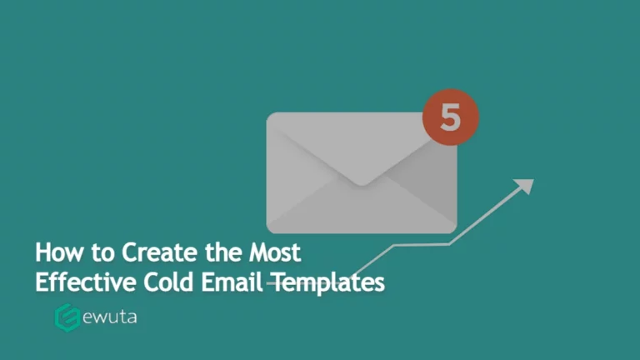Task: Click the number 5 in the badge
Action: pyautogui.click(x=450, y=117)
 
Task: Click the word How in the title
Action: pyautogui.click(x=57, y=252)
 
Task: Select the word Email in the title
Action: pyautogui.click(x=231, y=282)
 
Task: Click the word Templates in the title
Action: pyautogui.click(x=327, y=282)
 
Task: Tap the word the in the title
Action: pyautogui.click(x=215, y=252)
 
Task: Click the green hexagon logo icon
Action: pyautogui.click(x=66, y=317)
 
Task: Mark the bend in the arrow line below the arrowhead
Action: pyautogui.click(x=451, y=243)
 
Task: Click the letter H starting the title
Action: pyautogui.click(x=42, y=252)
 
